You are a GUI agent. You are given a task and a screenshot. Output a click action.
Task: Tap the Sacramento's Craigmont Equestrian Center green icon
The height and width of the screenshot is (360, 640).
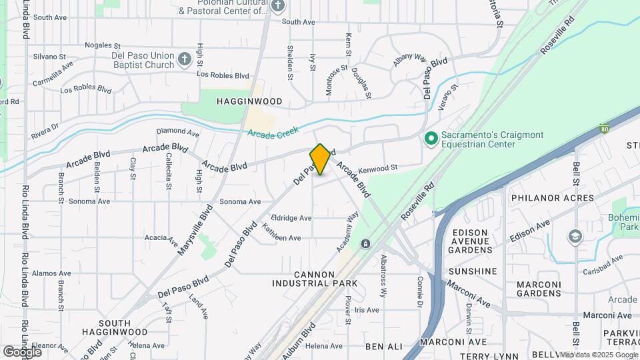pyautogui.click(x=431, y=139)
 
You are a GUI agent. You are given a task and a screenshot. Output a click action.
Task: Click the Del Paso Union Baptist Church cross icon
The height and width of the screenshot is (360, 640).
pyautogui.click(x=185, y=61)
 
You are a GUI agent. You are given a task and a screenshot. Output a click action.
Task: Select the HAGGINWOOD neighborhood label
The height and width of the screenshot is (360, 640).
pyautogui.click(x=249, y=101)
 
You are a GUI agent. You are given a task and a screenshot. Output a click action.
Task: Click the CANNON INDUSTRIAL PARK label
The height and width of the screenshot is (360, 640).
pyautogui.click(x=315, y=279)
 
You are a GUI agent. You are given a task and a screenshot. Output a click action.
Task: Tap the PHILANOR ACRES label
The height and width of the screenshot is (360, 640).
pyautogui.click(x=552, y=198)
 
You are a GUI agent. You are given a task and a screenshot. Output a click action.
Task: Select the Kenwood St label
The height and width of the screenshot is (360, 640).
pyautogui.click(x=377, y=168)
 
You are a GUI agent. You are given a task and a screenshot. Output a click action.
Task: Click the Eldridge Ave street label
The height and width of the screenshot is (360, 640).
pyautogui.click(x=292, y=218)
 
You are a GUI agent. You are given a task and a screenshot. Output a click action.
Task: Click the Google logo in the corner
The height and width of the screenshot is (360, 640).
pyautogui.click(x=22, y=351)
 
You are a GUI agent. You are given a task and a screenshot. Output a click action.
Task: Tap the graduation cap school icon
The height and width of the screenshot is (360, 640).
pyautogui.click(x=573, y=238)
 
